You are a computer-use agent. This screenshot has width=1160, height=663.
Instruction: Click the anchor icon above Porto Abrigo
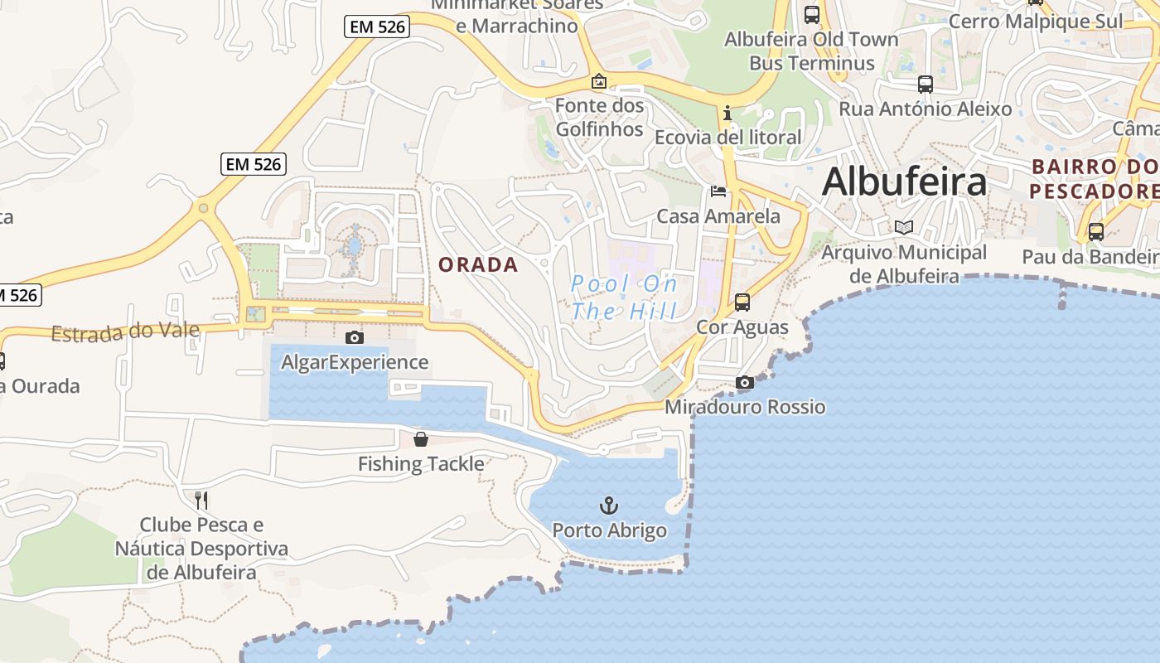609,504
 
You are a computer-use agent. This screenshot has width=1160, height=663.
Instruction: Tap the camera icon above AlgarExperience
354,337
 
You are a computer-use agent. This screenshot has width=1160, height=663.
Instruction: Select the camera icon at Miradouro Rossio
745,382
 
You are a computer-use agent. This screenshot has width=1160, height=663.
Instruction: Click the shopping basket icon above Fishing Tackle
421,439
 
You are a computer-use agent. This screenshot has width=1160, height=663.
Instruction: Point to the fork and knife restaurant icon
201,500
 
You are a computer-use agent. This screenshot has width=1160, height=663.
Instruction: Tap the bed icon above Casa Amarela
718,191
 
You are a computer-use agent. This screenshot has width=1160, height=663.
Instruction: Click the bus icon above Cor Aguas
742,302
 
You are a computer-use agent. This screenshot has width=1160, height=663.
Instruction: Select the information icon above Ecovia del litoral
727,113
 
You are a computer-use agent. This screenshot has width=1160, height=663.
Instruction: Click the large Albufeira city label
904,181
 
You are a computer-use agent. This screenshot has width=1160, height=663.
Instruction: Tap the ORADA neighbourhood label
478,265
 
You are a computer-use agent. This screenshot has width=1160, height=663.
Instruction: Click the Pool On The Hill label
624,298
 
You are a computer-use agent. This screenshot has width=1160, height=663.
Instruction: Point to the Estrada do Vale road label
125,332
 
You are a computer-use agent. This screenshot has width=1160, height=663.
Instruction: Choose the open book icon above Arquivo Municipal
903,227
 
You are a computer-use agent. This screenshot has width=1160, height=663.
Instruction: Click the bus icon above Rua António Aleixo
926,85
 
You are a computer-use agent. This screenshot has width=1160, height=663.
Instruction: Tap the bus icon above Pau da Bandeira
1095,232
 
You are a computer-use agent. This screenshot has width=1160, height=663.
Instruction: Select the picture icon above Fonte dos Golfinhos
598,81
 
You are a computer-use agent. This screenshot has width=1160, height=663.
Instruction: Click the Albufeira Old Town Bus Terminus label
811,51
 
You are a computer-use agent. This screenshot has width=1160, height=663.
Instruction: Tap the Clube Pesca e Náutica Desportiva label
201,548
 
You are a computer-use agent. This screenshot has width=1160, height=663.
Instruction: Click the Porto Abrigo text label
609,530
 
